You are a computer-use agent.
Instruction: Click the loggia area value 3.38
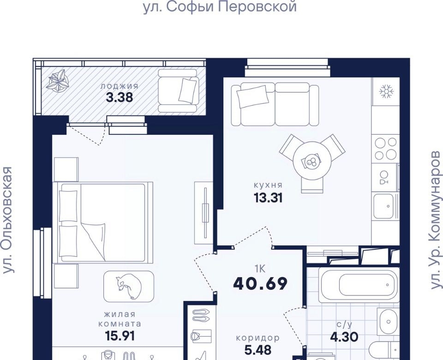pos(119,97)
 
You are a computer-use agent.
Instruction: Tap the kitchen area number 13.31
pos(268,198)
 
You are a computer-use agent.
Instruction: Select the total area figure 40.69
pos(260,283)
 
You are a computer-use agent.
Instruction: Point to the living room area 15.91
pos(120,336)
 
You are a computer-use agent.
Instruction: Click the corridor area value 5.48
pos(257,350)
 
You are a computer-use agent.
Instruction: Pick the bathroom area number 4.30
pos(344,337)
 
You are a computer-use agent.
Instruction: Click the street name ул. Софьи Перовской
pos(220,6)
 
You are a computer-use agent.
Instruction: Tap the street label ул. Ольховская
pos(8,220)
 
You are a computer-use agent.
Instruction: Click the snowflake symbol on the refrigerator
pos(386,91)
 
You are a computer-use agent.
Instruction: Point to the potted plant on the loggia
pos(58,82)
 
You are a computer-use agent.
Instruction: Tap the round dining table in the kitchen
pos(312,160)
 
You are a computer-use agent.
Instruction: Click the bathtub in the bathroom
pos(359,285)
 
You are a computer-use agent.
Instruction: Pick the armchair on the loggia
pos(178,91)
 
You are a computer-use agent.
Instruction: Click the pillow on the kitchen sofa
pos(253,96)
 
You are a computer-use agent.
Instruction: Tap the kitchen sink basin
pos(383,206)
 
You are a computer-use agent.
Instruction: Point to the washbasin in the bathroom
pos(388,322)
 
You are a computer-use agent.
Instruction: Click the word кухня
pos(268,185)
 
